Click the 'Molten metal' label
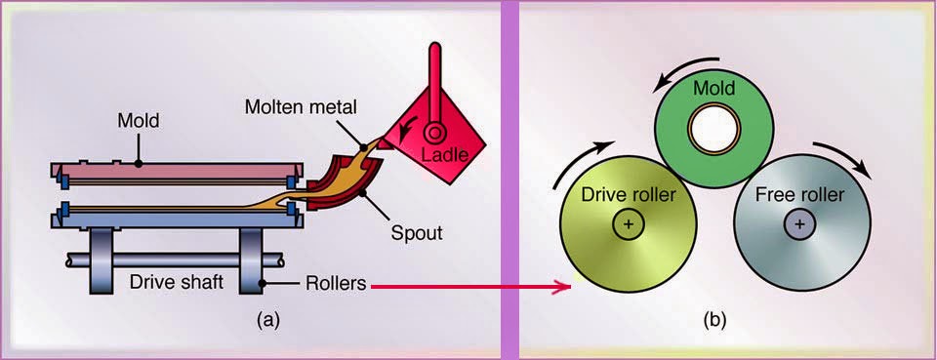[x=302, y=108]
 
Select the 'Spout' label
[x=417, y=232]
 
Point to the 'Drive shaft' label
[x=177, y=281]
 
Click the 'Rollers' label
[x=335, y=282]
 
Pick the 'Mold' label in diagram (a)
[x=139, y=121]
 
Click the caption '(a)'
[x=268, y=321]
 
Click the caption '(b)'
[x=714, y=321]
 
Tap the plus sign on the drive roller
[x=628, y=223]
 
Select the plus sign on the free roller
[x=800, y=223]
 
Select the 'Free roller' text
[x=800, y=195]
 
